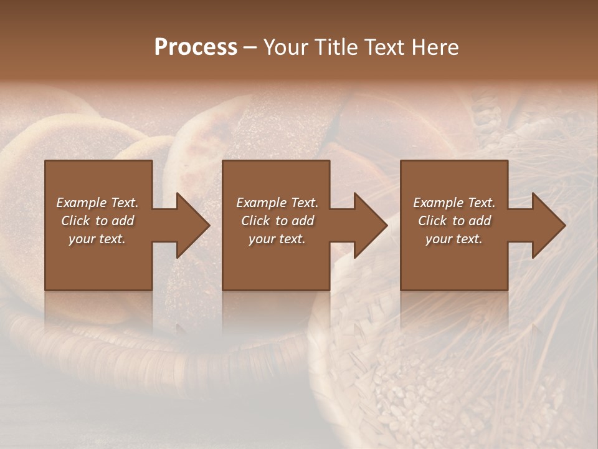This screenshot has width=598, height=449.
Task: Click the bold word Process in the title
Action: click(196, 47)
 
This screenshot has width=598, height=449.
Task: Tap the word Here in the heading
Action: click(434, 47)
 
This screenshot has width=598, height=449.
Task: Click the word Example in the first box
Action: click(81, 203)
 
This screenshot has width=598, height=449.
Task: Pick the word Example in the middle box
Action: click(261, 203)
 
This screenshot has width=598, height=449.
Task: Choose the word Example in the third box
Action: click(438, 203)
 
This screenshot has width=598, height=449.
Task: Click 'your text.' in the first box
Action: click(97, 239)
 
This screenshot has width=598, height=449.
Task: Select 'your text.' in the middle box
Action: click(277, 239)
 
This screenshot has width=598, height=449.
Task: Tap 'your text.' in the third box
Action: click(454, 239)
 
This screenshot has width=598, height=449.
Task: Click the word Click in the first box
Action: click(75, 221)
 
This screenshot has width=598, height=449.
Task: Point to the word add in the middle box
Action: click(302, 221)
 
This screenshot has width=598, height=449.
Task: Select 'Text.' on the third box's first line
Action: click(482, 203)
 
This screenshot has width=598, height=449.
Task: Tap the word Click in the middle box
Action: click(255, 221)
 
